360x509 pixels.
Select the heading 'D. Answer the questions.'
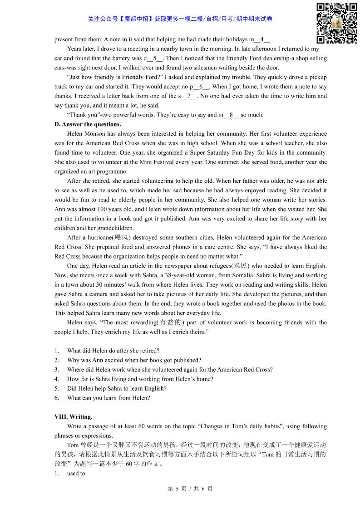[x=88, y=124]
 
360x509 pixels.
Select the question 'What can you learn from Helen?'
[x=108, y=398]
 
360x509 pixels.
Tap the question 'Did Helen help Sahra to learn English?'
[x=117, y=388]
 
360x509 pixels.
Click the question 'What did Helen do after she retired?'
[x=113, y=350]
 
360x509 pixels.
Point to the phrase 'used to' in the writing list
[x=76, y=473]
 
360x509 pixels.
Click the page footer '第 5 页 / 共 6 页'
[x=190, y=489]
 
